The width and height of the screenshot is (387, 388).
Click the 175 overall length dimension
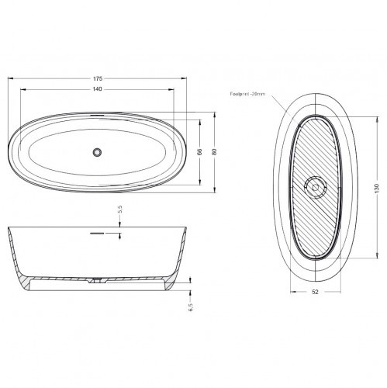pos(98,79)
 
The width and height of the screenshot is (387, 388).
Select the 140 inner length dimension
pos(98,90)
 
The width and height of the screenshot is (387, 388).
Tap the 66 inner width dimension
pos(199,152)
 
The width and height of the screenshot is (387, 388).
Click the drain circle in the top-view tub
pos(97,152)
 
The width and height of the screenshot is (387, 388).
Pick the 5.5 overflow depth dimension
pos(120,210)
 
